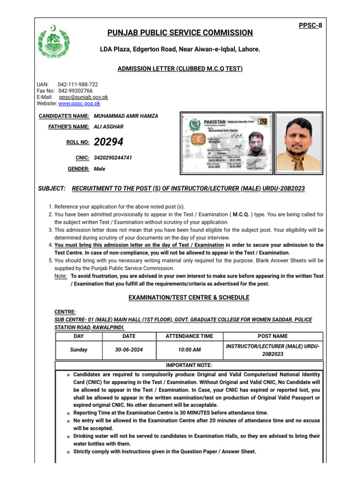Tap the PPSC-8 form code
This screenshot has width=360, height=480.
pyautogui.click(x=311, y=25)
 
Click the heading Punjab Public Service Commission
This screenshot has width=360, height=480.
pyautogui.click(x=180, y=33)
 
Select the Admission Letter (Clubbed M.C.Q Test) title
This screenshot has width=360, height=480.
pyautogui.click(x=180, y=69)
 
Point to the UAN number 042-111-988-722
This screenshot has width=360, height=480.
pyautogui.click(x=78, y=84)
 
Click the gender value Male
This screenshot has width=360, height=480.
pyautogui.click(x=100, y=169)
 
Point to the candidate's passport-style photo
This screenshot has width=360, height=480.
pyautogui.click(x=298, y=142)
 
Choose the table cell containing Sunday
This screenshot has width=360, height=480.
pyautogui.click(x=79, y=350)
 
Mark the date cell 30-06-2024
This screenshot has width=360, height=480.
pyautogui.click(x=128, y=350)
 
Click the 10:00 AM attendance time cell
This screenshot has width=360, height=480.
pyautogui.click(x=189, y=350)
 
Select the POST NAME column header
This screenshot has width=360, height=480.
pyautogui.click(x=273, y=336)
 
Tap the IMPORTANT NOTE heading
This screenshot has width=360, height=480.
pyautogui.click(x=189, y=365)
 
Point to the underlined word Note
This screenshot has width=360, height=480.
pyautogui.click(x=60, y=277)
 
